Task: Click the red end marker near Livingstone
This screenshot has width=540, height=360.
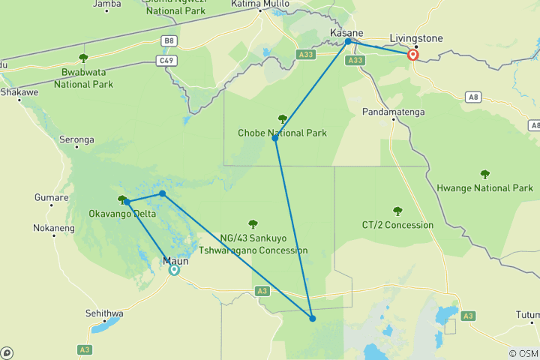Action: pos(412,55)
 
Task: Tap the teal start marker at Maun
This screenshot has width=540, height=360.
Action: pos(174,270)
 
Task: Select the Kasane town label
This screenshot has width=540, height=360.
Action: pos(346,33)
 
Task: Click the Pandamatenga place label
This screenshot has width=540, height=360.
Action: pos(394,112)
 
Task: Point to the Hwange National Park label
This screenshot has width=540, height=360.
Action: pos(485,188)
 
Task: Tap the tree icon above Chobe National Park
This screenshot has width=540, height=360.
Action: pos(282,118)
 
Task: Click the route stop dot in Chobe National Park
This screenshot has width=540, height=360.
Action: pos(275,138)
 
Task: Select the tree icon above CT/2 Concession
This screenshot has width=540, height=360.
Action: pos(397,211)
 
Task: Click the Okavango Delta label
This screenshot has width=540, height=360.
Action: pos(121,214)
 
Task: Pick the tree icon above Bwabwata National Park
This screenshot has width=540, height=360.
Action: pos(82,58)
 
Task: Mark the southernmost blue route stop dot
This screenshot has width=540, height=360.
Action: pos(313,319)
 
